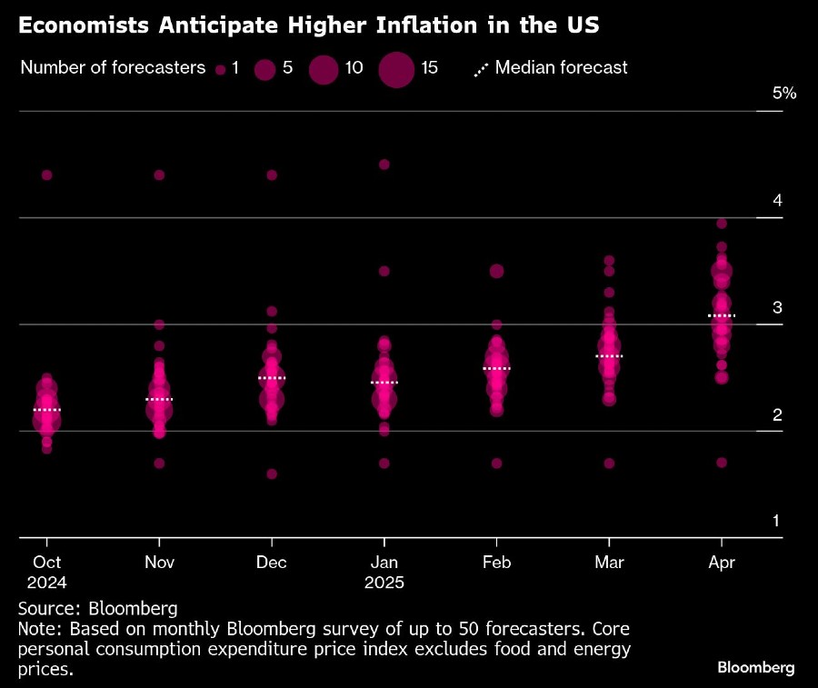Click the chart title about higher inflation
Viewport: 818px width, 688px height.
(x=308, y=25)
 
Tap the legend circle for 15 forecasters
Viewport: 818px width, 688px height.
(x=395, y=68)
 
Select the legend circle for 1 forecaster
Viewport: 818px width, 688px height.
(x=219, y=68)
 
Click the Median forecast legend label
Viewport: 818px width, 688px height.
(x=562, y=67)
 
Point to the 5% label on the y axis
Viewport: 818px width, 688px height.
(x=783, y=93)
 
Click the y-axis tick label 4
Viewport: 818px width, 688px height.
(x=778, y=200)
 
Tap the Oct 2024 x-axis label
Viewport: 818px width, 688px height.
(x=47, y=572)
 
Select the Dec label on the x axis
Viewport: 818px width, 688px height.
(x=271, y=563)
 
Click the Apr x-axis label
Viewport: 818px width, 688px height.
(x=721, y=563)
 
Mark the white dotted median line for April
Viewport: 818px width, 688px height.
(x=721, y=315)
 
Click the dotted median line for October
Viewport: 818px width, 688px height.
(x=47, y=410)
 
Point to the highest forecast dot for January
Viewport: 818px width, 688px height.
(x=384, y=165)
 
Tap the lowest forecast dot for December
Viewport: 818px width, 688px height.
(x=271, y=474)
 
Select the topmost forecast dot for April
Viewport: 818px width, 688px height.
(x=722, y=224)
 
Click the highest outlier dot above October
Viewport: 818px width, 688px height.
(x=47, y=174)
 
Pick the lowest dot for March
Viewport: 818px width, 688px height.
(x=609, y=463)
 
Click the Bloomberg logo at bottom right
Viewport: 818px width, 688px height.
(x=756, y=668)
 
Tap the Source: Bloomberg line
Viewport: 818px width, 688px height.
(x=97, y=608)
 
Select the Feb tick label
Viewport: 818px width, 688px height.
(x=496, y=563)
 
